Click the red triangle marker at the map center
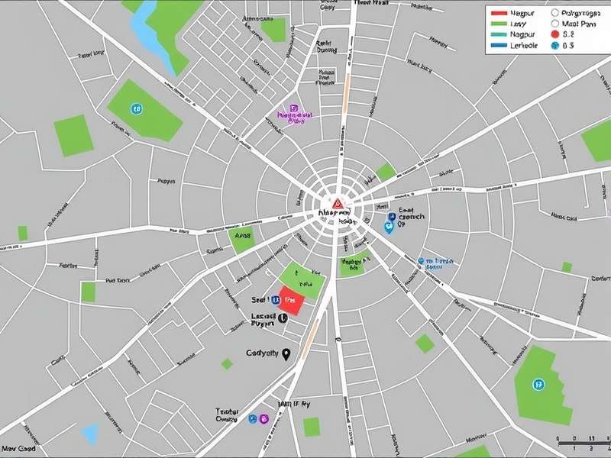[x=336, y=204]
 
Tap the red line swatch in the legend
[x=499, y=14]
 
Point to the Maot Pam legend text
[x=578, y=24]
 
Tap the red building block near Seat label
[x=293, y=300]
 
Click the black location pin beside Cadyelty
[x=286, y=353]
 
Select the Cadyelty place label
[x=263, y=353]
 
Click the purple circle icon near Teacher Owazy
[x=264, y=418]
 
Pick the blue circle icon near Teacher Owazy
[x=252, y=418]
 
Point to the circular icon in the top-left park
[x=136, y=109]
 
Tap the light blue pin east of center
[x=388, y=227]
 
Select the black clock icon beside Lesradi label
[x=283, y=318]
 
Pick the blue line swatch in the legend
[x=499, y=46]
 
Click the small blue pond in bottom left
[x=90, y=434]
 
